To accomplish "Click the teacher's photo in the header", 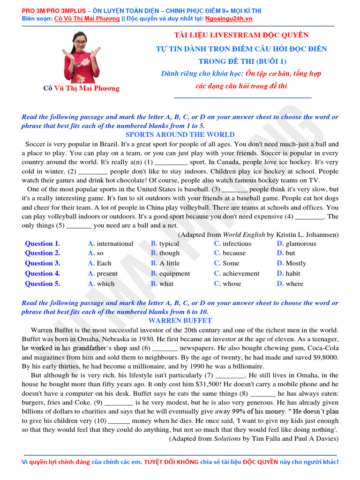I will tap(81, 57).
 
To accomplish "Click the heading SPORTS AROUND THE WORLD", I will tap(180, 135).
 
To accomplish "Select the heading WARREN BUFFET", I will tap(180, 321).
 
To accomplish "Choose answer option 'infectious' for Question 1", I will tap(237, 244).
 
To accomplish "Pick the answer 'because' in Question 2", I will tap(234, 253).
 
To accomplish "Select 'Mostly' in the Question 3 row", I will tap(295, 263).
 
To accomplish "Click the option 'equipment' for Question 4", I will tap(174, 274).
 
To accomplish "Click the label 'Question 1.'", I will tap(42, 244).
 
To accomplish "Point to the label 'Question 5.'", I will tap(42, 284).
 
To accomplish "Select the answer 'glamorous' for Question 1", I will tap(300, 244).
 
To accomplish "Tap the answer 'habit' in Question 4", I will tap(292, 274).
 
